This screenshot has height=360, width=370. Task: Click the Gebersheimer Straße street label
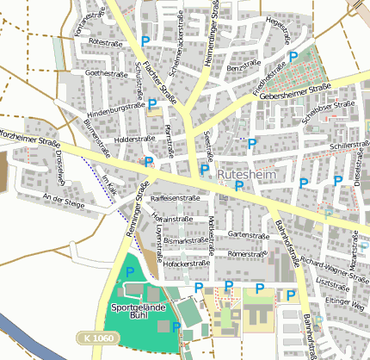[295, 91]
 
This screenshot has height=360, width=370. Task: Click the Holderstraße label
[133, 138]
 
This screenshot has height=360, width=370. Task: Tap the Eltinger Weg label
[344, 301]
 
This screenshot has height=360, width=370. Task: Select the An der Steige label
[65, 199]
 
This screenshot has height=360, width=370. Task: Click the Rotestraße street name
[103, 41]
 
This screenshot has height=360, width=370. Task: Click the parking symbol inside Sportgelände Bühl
[131, 272]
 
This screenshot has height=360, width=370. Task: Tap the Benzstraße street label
[244, 65]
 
